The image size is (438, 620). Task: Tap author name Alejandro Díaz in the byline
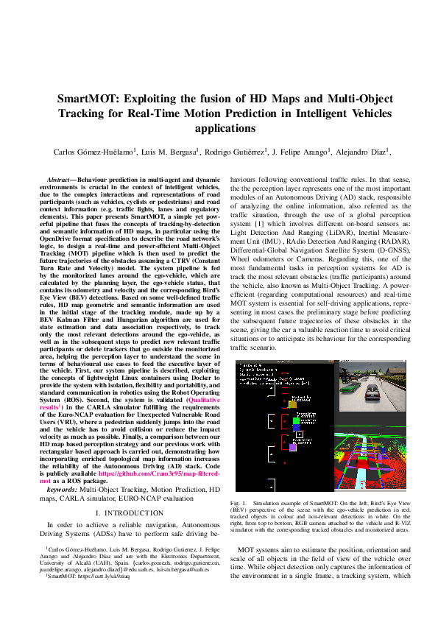(362, 152)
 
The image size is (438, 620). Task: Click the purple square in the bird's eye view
(314, 447)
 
